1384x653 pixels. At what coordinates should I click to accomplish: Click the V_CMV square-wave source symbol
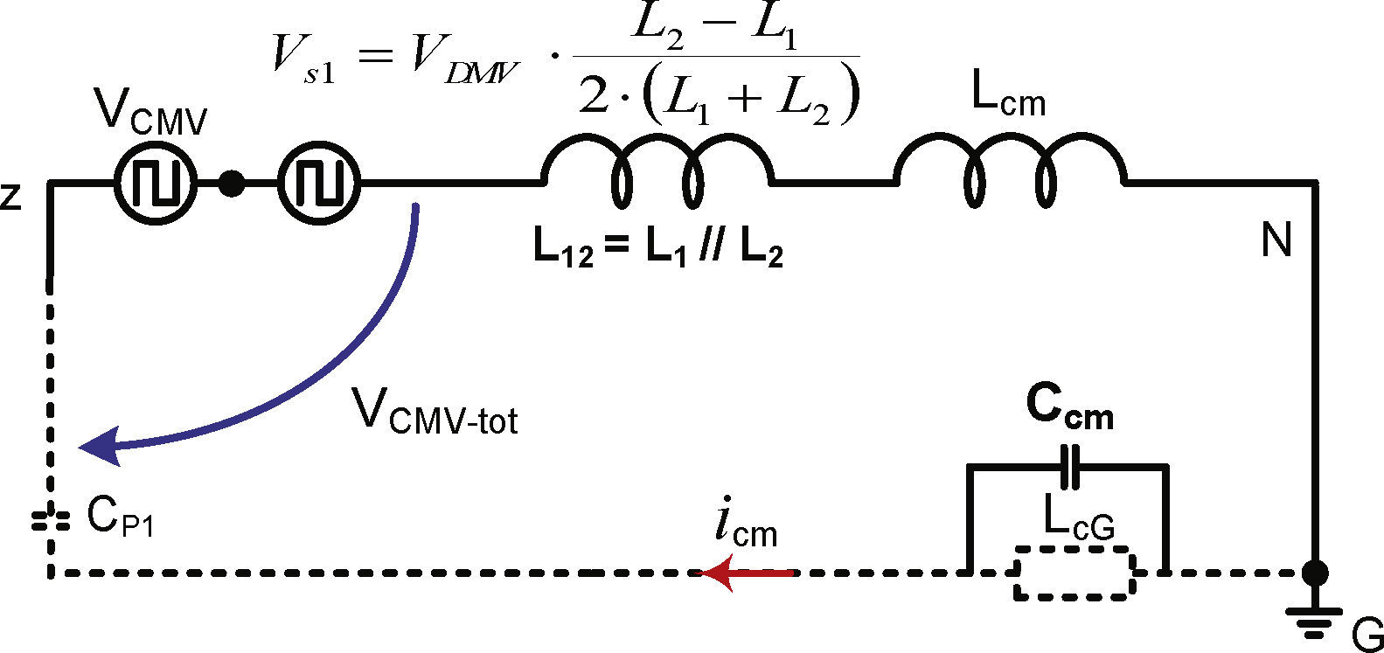coord(156,184)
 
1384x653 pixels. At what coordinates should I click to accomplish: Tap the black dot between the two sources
coord(231,184)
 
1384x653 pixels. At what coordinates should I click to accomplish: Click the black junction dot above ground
coord(1313,573)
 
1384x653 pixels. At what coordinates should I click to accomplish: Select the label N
coord(1276,240)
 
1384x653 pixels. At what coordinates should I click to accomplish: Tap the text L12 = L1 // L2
coord(657,251)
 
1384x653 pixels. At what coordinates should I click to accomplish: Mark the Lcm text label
coord(1008,99)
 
